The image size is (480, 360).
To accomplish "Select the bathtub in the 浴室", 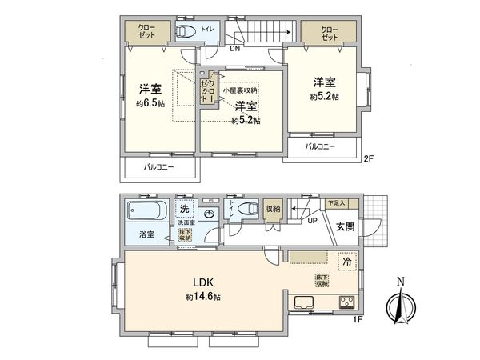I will point(146,214).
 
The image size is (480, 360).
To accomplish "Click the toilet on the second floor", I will point(186,31).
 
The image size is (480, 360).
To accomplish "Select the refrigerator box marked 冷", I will point(346,261).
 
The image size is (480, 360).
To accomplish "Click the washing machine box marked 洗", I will point(183,210).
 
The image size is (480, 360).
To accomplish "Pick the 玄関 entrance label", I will point(346,226).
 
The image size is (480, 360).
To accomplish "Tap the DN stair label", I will point(234,49).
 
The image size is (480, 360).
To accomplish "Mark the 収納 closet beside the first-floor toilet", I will point(274,209).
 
